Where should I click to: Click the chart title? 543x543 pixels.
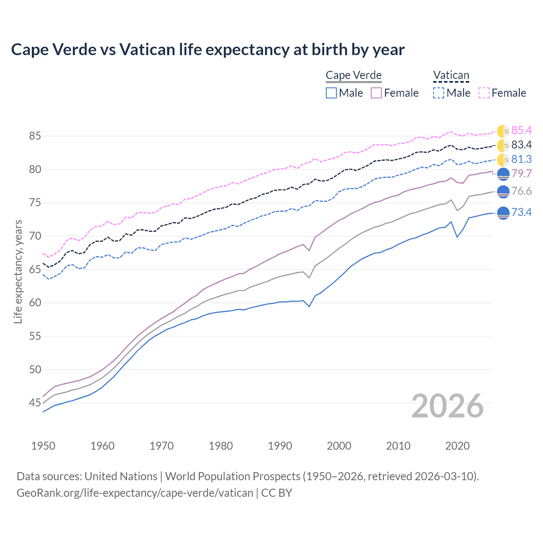coord(208,50)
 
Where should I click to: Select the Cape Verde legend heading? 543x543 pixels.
coord(353,75)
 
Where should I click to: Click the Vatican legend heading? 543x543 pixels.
coord(451,75)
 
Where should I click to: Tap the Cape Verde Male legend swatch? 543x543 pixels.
coord(331,93)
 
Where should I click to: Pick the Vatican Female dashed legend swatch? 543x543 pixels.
coord(484,93)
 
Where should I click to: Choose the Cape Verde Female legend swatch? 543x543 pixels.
coord(377,93)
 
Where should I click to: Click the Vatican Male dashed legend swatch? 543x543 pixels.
coord(439,93)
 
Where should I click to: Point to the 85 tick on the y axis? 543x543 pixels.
coord(35,136)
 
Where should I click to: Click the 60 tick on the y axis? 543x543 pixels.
coord(35,303)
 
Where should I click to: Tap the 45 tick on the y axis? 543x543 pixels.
coord(35,403)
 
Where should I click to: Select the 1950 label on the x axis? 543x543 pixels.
coord(43,446)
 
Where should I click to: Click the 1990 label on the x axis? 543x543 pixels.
coord(280,446)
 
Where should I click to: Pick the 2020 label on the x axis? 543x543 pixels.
coord(457,446)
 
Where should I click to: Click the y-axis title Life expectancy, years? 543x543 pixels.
coord(18,271)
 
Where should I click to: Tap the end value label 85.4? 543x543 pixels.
coord(521,130)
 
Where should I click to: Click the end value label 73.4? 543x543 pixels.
coord(521,212)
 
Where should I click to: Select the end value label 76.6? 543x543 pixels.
coord(521,191)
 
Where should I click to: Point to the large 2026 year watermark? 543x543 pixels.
coord(448,406)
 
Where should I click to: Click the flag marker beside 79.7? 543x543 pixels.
coord(503,174)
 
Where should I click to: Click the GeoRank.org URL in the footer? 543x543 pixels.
coord(135,493)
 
